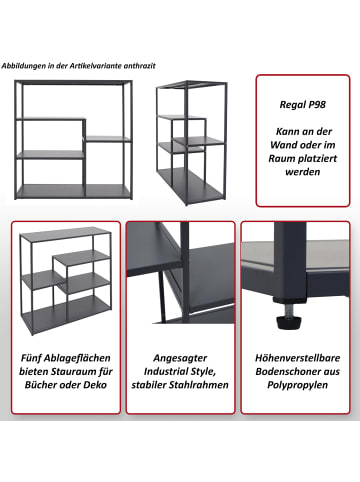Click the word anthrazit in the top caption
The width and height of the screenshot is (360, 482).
coord(139,66)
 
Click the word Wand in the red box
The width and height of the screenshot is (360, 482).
coord(284,145)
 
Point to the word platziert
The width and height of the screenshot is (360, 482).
coord(317,159)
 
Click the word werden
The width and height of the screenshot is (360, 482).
coord(303,172)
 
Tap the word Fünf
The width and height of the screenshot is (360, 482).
coord(31,358)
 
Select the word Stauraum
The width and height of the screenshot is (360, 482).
coord(76,372)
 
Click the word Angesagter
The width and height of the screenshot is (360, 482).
coord(180,358)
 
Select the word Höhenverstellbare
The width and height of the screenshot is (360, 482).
coord(298,358)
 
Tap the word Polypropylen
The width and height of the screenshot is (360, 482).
coord(298,385)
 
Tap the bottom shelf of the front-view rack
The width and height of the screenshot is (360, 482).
coord(73,190)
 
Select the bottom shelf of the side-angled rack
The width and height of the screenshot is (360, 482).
coord(190,184)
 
